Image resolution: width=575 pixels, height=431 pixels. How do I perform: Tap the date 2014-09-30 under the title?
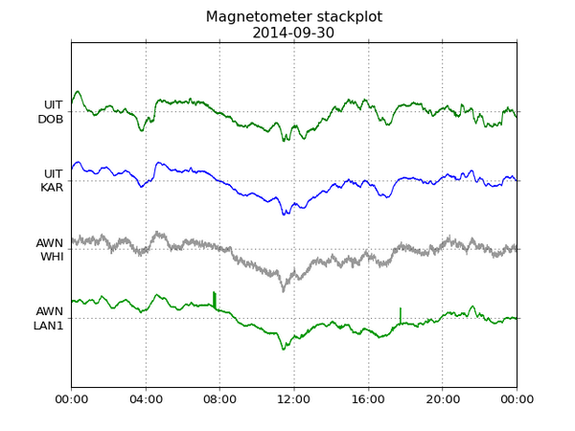pyautogui.click(x=294, y=33)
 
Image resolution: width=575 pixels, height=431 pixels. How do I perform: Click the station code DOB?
pyautogui.click(x=50, y=119)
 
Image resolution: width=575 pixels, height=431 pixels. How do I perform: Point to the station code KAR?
pyautogui.click(x=52, y=188)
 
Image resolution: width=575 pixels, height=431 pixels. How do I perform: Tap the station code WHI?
pyautogui.click(x=52, y=257)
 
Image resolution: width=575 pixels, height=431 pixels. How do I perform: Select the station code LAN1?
pyautogui.click(x=48, y=326)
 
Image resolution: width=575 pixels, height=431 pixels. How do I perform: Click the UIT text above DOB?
pyautogui.click(x=54, y=104)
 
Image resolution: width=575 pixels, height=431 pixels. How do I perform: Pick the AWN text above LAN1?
pyautogui.click(x=50, y=311)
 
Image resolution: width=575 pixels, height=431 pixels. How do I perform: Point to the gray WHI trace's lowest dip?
pyautogui.click(x=283, y=289)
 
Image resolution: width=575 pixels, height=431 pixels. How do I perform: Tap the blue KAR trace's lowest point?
pyautogui.click(x=284, y=215)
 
